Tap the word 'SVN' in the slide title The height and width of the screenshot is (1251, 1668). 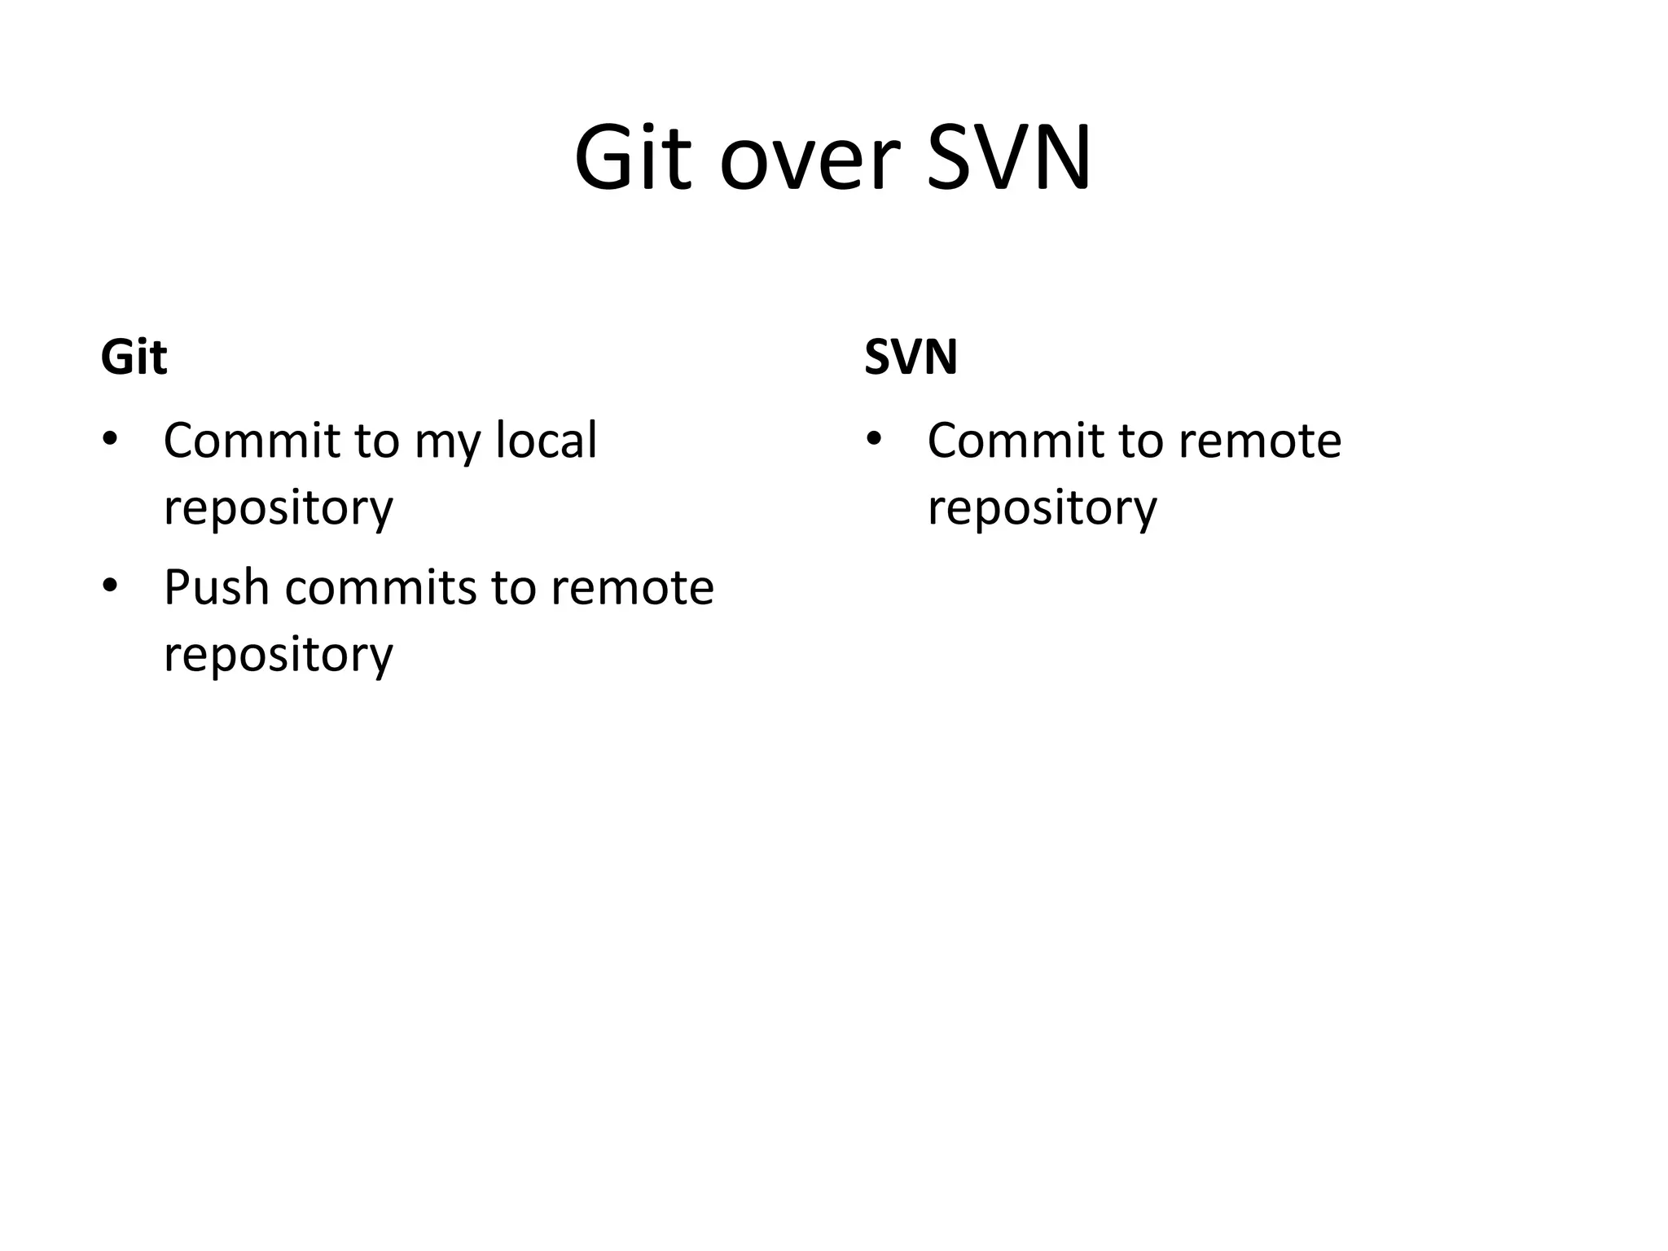click(x=1009, y=158)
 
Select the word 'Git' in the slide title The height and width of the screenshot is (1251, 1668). click(x=632, y=158)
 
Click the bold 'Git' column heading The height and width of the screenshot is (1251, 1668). click(x=134, y=357)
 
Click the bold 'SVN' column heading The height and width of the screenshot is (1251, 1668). click(x=910, y=357)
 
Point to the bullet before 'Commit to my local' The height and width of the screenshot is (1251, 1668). click(x=110, y=440)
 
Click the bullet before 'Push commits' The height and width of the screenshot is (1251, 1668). click(x=110, y=586)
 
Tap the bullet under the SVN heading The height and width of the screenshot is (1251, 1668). click(x=874, y=440)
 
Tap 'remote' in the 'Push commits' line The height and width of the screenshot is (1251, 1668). click(x=632, y=587)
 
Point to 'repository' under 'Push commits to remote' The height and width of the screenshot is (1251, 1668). click(x=278, y=656)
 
